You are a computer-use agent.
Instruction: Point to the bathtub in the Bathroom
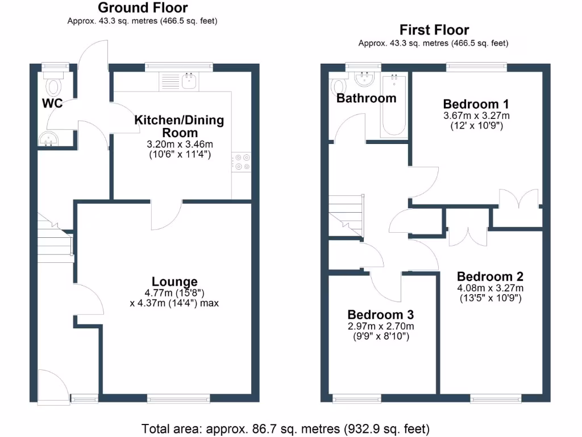(393, 105)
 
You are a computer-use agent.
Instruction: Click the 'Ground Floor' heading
(143, 8)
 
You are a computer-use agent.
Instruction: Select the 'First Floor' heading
(434, 30)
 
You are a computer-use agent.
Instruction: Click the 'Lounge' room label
(174, 282)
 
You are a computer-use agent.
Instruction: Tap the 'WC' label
(51, 104)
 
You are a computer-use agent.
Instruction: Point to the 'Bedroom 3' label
(380, 315)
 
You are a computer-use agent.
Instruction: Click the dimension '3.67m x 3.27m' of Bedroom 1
(476, 116)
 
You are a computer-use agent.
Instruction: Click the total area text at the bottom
(285, 428)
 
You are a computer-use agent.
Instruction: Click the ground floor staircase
(55, 239)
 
